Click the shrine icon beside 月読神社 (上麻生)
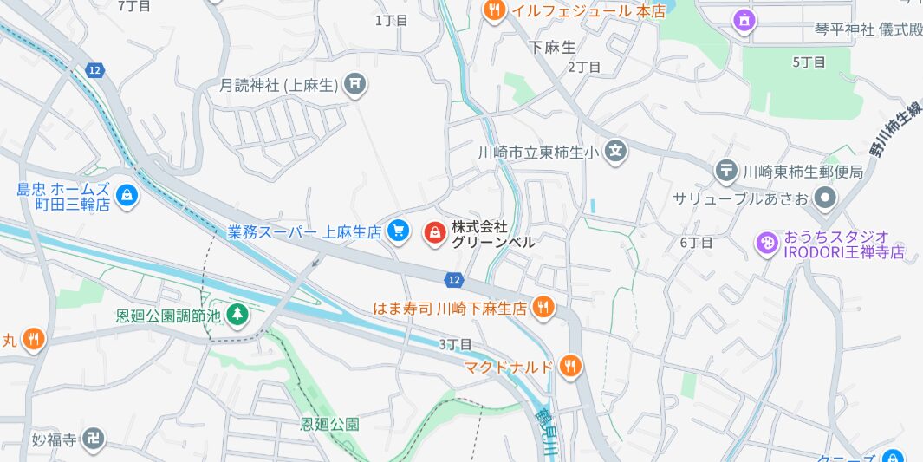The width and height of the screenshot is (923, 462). click(x=354, y=85)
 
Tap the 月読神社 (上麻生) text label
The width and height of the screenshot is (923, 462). click(x=277, y=85)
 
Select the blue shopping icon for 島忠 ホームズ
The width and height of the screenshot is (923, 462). click(x=127, y=196)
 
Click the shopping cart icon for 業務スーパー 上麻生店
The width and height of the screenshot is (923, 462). click(x=398, y=231)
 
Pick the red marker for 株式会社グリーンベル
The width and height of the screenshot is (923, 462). click(x=434, y=232)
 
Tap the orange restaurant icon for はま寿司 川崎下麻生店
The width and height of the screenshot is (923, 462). click(x=543, y=306)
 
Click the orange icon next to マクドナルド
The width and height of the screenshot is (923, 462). click(x=569, y=366)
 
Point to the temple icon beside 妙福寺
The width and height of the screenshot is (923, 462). click(x=95, y=439)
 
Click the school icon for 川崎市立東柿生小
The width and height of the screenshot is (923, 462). click(x=615, y=152)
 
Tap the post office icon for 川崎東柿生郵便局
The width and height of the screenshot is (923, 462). click(x=726, y=172)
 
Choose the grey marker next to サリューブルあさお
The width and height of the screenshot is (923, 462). click(x=825, y=199)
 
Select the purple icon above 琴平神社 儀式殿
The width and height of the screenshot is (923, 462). click(x=744, y=18)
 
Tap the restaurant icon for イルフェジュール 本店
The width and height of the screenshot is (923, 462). click(x=493, y=10)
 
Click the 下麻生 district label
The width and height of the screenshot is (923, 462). click(x=552, y=48)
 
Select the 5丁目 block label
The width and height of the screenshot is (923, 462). click(x=809, y=62)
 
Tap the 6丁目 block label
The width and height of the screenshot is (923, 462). click(x=696, y=242)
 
